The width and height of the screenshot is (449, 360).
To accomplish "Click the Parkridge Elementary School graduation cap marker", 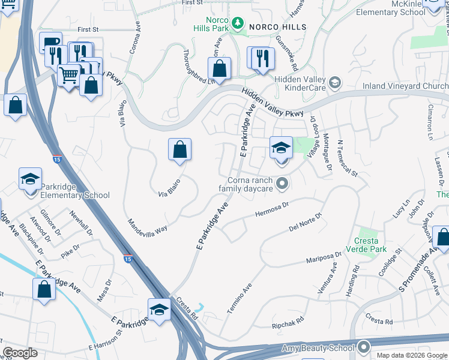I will click(30, 179).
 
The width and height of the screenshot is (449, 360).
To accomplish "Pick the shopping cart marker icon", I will click(70, 76).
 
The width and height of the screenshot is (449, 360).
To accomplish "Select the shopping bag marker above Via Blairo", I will click(179, 149).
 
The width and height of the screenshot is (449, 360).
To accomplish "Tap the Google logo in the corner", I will click(20, 353).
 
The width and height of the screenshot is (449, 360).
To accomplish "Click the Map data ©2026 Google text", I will click(412, 355).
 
